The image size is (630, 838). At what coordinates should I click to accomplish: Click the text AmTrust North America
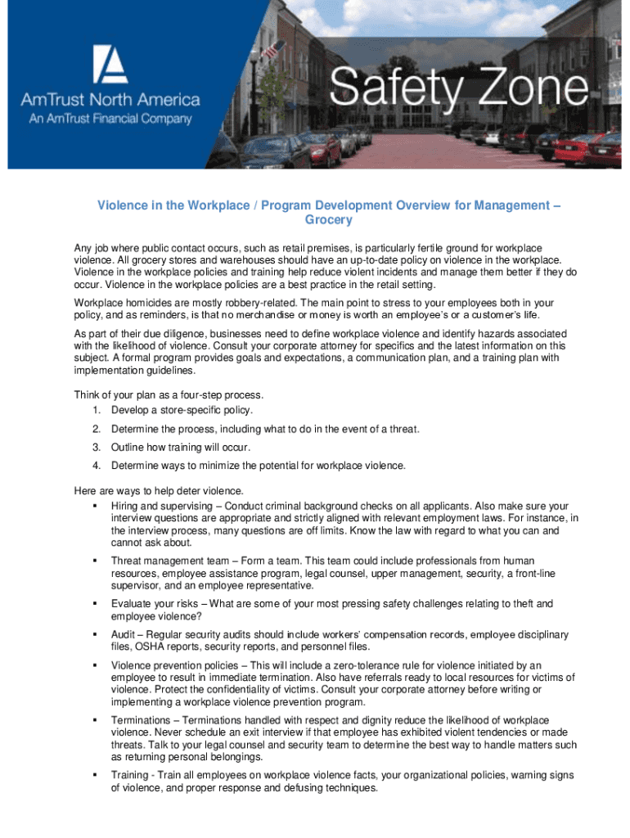[x=110, y=101]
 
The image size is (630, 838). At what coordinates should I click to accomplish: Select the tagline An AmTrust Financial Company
[x=110, y=119]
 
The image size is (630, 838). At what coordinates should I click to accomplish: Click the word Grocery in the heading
[x=328, y=220]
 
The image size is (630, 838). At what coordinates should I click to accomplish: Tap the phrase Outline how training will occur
[x=181, y=448]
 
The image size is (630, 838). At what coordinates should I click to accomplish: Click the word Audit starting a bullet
[x=124, y=635]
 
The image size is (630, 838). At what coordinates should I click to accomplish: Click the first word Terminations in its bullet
[x=142, y=720]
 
